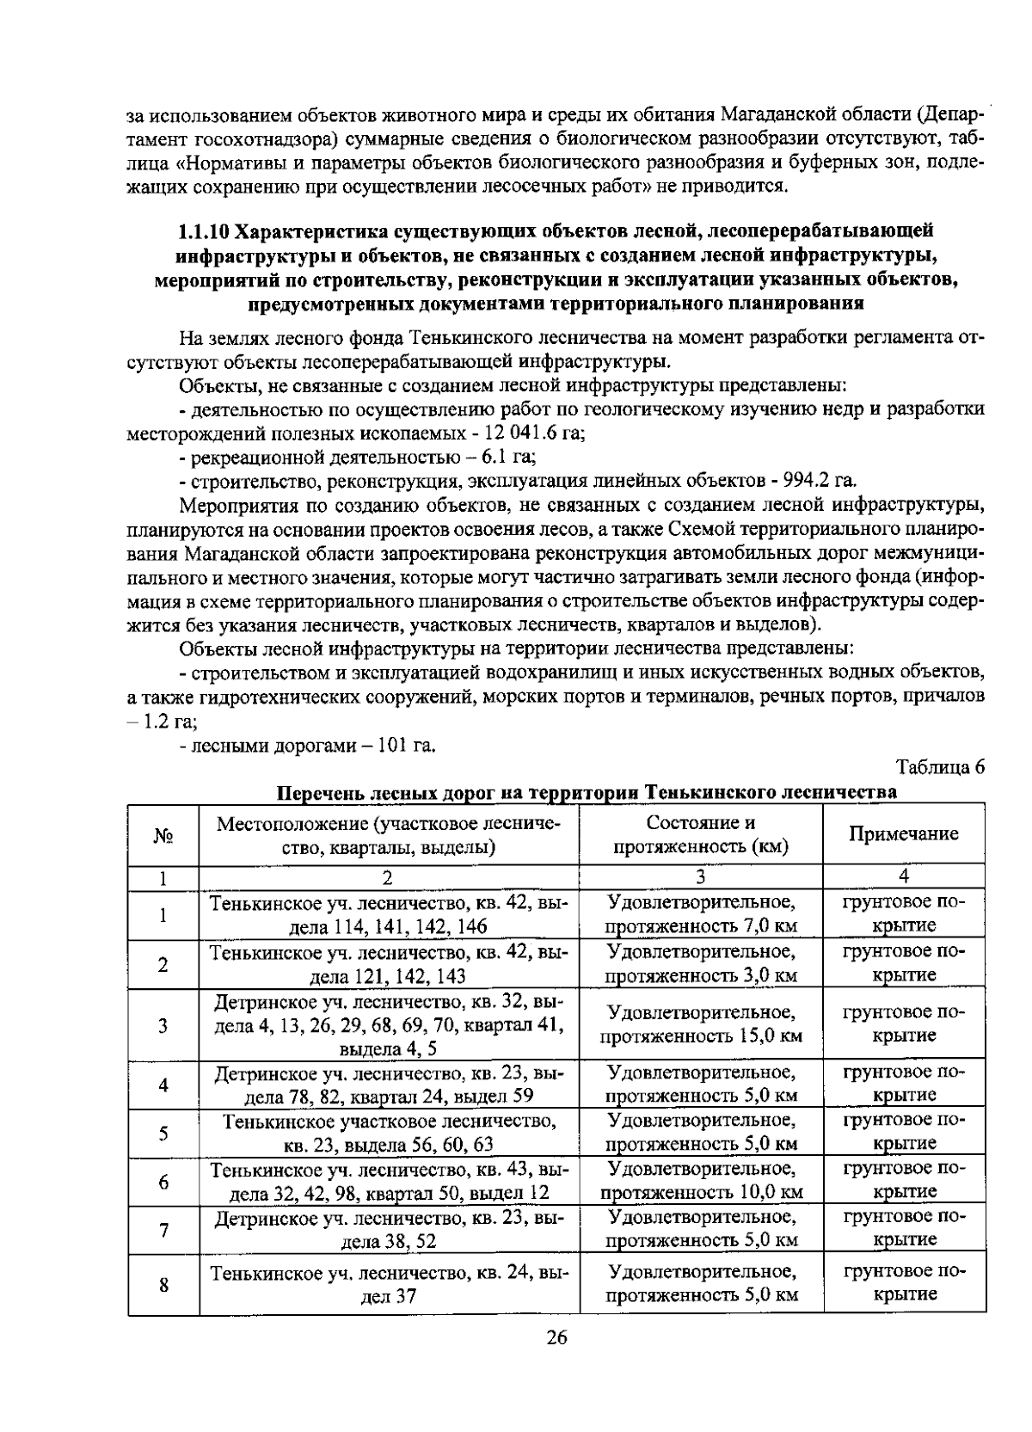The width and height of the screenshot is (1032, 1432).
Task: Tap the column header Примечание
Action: [x=904, y=833]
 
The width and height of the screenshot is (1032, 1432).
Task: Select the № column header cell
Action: [x=163, y=835]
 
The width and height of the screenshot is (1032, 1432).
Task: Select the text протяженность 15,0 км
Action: [x=701, y=1036]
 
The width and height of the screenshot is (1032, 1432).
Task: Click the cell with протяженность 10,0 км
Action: [x=701, y=1192]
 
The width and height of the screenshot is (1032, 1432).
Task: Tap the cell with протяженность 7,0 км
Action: [x=701, y=926]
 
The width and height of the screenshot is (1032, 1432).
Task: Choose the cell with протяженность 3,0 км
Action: [x=701, y=975]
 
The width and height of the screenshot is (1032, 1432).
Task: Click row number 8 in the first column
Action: [x=163, y=1285]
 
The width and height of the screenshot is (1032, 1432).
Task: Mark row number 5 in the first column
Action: [x=163, y=1133]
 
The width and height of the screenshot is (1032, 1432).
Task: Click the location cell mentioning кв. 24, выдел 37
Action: [x=389, y=1285]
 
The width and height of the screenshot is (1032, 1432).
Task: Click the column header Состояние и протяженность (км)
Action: [x=701, y=833]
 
